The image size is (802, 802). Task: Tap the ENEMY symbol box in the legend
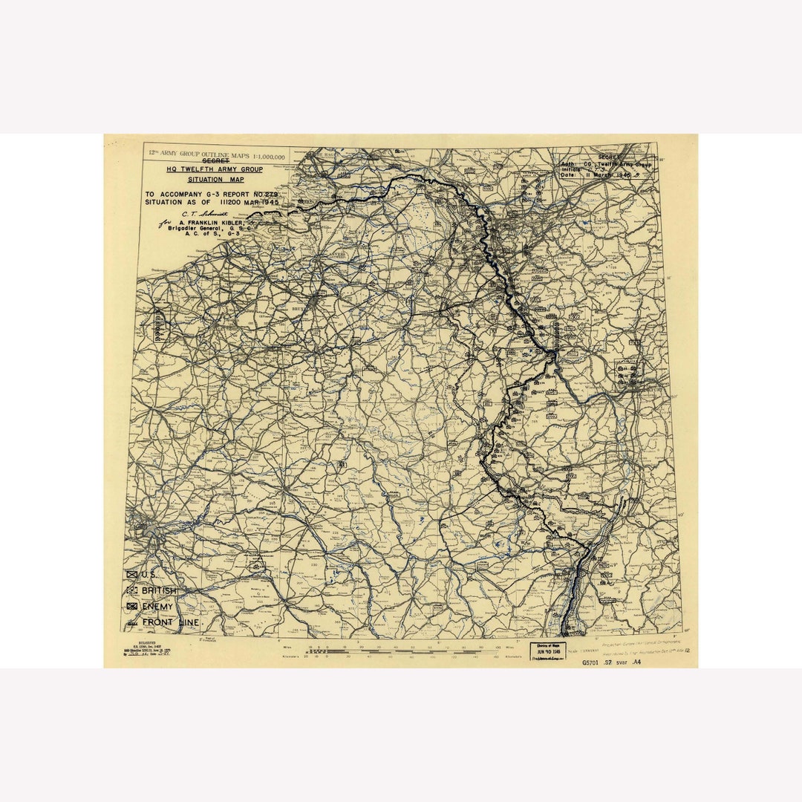[133, 607]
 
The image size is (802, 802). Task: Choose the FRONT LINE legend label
[171, 622]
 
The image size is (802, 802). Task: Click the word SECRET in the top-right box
[609, 157]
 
